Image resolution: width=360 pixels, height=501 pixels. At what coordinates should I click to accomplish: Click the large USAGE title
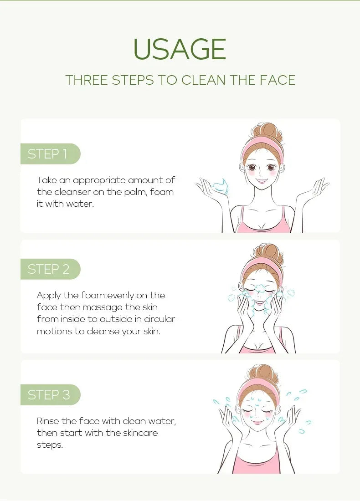(180, 49)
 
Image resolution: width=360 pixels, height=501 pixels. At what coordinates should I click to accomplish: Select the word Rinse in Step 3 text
(48, 421)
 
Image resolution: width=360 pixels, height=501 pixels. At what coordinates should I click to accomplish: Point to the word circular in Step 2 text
(159, 319)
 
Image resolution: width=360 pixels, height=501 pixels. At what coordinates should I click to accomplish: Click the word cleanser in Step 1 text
(87, 192)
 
